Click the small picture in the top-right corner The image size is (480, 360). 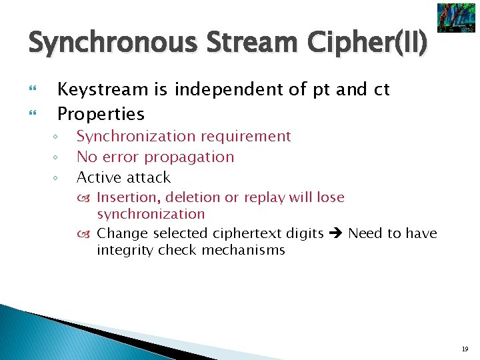coord(456,18)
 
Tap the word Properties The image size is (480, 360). coord(101,114)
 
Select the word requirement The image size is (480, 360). coord(250,137)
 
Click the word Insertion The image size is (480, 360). coord(129,197)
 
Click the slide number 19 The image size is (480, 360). coord(465,347)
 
